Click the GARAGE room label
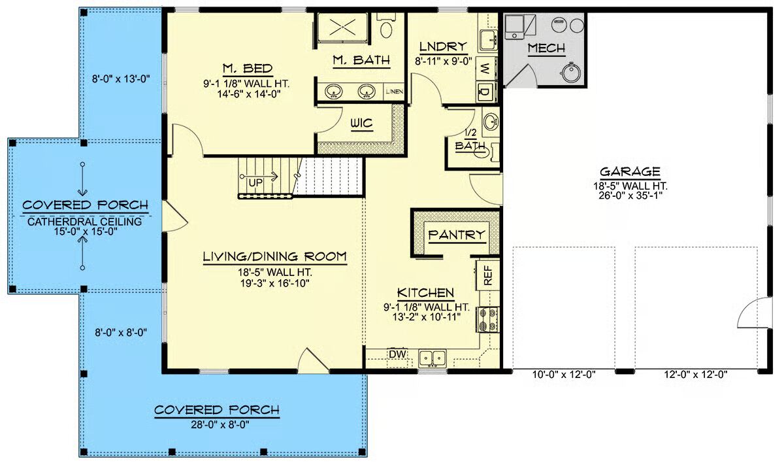[630, 171]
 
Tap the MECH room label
[546, 48]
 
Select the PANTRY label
[457, 235]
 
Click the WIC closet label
[361, 124]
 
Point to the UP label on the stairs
[255, 183]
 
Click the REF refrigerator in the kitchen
[487, 275]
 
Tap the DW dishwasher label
[397, 354]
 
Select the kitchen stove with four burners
[488, 319]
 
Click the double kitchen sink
[433, 358]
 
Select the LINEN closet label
[395, 92]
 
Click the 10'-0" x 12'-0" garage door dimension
[564, 375]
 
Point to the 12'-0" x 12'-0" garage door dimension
[696, 375]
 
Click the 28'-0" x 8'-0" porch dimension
[220, 425]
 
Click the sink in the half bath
[491, 122]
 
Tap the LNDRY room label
[443, 46]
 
